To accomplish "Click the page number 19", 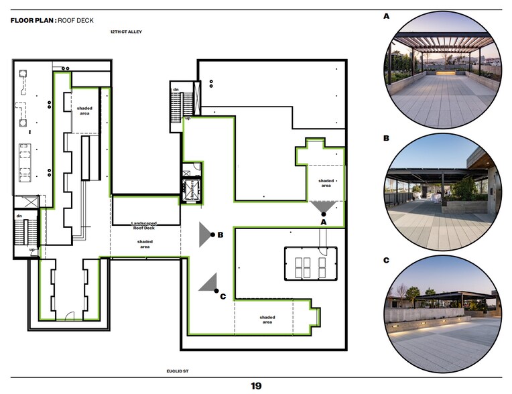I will pyautogui.click(x=256, y=386).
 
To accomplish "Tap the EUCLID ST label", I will pyautogui.click(x=180, y=371).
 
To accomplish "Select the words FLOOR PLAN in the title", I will pyautogui.click(x=32, y=20).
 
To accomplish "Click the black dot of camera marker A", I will pyautogui.click(x=323, y=214).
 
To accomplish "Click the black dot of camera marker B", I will pyautogui.click(x=212, y=235).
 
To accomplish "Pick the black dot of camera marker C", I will pyautogui.click(x=216, y=291).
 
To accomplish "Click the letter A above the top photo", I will pyautogui.click(x=386, y=15).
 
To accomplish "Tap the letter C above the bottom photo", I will pyautogui.click(x=386, y=259).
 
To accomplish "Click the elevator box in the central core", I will pyautogui.click(x=191, y=188).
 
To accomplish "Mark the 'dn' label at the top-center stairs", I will pyautogui.click(x=175, y=89).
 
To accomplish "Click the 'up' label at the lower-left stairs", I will pyautogui.click(x=31, y=249).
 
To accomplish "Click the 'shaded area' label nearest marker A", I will pyautogui.click(x=326, y=183).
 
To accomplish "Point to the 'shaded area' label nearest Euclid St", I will pyautogui.click(x=267, y=320).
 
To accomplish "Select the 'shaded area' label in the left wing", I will pyautogui.click(x=84, y=111).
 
